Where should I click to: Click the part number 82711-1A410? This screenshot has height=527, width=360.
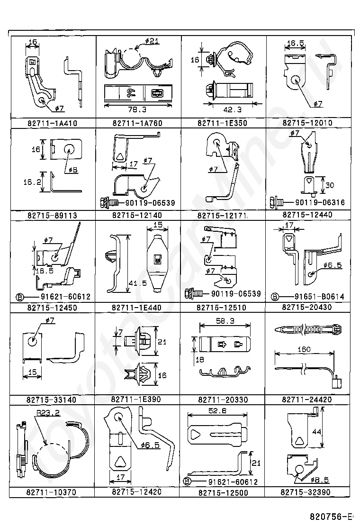(x=53, y=123)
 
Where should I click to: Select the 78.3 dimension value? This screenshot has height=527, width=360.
(x=137, y=109)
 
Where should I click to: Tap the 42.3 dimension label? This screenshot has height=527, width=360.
(x=233, y=109)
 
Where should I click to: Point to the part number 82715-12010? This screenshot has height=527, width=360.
(x=307, y=123)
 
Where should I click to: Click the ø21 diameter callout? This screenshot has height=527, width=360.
(x=152, y=41)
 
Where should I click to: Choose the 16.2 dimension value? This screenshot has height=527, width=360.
(x=32, y=182)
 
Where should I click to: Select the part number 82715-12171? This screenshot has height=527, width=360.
(x=223, y=216)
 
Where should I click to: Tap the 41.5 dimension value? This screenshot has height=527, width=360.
(x=138, y=283)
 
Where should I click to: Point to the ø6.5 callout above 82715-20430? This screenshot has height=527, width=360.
(x=333, y=265)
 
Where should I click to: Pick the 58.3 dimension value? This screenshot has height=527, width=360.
(x=225, y=321)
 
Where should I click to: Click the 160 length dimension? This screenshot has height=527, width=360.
(x=304, y=349)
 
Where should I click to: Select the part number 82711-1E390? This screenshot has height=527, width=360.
(x=136, y=400)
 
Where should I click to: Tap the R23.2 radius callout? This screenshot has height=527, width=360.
(x=48, y=413)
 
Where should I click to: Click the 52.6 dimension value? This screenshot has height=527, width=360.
(x=217, y=410)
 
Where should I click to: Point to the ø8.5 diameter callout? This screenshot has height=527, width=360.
(x=320, y=480)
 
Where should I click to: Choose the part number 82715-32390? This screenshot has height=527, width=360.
(x=306, y=492)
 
